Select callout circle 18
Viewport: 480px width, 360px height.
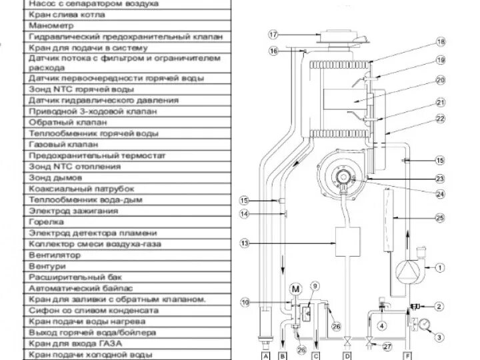pos(439,41)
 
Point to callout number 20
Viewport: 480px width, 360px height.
pos(439,80)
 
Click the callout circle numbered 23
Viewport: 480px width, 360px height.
pos(439,178)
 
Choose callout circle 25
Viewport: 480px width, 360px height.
pos(439,217)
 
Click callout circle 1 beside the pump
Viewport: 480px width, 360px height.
pos(439,268)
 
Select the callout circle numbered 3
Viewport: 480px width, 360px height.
pos(439,328)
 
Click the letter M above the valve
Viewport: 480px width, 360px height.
pos(296,288)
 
